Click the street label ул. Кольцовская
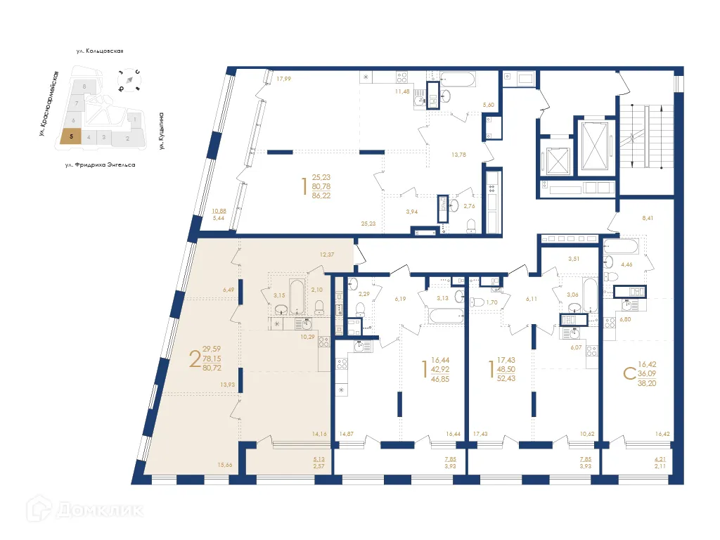[101, 51]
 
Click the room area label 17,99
[283, 79]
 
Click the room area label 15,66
[226, 464]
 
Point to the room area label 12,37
[326, 254]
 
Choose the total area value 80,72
[212, 367]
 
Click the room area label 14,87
[347, 435]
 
